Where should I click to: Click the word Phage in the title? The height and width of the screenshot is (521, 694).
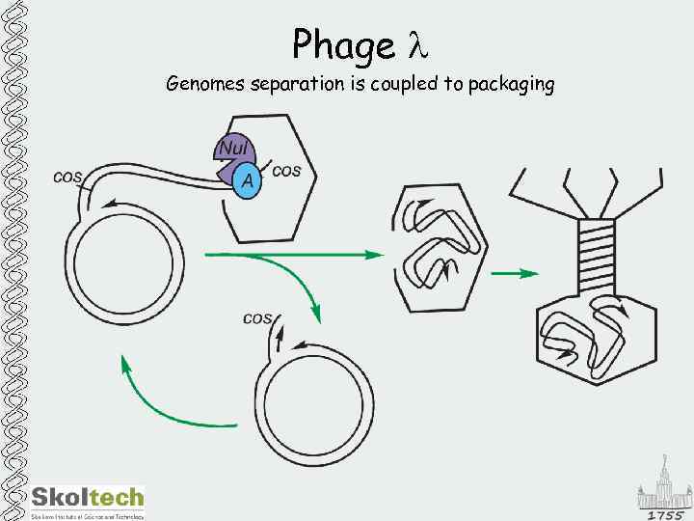[x=343, y=45]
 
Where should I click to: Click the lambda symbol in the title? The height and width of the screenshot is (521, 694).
[x=414, y=45]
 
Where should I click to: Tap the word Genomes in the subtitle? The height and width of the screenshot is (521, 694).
[x=204, y=85]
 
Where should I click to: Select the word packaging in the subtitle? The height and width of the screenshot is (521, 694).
[x=511, y=85]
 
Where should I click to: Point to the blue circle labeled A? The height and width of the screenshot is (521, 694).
[x=248, y=180]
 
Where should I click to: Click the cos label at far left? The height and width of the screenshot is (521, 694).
[x=67, y=176]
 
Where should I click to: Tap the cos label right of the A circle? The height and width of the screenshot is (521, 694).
[x=287, y=171]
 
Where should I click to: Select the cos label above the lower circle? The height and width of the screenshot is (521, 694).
[x=256, y=316]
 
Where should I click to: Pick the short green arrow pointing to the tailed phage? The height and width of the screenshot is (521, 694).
[x=515, y=274]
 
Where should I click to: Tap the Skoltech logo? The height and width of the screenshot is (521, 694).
[x=87, y=499]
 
